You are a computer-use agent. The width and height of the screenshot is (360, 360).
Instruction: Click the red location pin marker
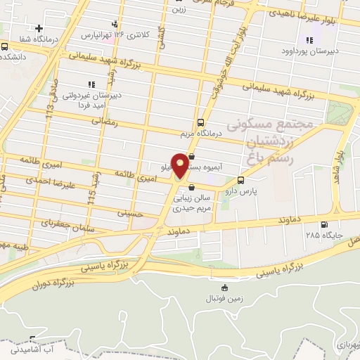pos(180,166)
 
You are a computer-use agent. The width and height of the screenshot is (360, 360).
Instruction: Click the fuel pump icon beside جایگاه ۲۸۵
pos(323,225)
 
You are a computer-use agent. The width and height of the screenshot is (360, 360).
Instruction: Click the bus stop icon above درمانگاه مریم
pos(202,121)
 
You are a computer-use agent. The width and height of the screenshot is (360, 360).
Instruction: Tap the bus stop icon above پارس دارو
pos(241,179)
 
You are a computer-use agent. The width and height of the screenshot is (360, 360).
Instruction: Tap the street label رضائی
pos(105,122)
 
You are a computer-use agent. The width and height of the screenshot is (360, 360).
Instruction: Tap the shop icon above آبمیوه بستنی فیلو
pos(192,157)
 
